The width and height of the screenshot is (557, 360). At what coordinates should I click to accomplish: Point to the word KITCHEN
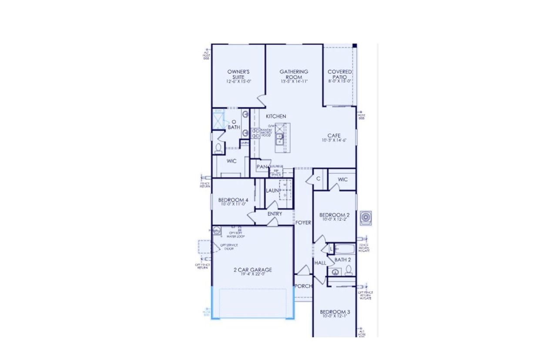tap(276, 116)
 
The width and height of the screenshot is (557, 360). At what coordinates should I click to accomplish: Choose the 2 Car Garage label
tap(252, 270)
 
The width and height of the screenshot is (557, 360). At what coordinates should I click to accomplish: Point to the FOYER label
tap(303, 222)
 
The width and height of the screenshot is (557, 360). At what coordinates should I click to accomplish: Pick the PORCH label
tap(303, 286)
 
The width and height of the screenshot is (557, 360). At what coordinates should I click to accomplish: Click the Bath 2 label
tap(342, 260)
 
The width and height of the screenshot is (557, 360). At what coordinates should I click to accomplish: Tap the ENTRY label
tap(275, 214)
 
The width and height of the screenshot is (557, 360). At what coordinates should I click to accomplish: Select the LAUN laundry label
tap(272, 190)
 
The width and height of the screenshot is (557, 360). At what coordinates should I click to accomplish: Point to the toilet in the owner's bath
tap(218, 148)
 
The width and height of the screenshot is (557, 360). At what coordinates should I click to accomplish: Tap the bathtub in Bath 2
tap(346, 249)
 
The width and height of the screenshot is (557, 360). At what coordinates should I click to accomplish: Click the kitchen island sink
tap(279, 139)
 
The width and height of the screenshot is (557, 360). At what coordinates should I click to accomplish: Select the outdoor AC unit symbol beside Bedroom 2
tap(366, 217)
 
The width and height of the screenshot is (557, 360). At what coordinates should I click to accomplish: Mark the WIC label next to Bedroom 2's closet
tap(342, 179)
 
